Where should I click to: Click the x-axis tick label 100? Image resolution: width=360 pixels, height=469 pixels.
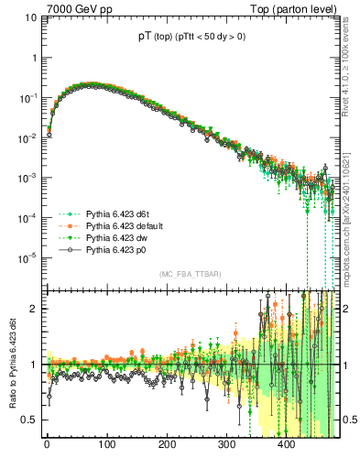coord(106,446)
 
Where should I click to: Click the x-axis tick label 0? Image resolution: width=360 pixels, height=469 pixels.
coord(47,446)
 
